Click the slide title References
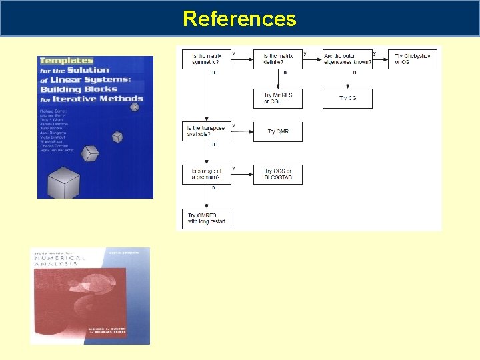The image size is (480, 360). click(239, 18)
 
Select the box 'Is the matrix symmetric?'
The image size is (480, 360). click(207, 59)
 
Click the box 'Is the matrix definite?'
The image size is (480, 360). click(278, 59)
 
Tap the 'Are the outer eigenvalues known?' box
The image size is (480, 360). click(347, 59)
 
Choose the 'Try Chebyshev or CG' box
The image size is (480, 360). click(413, 59)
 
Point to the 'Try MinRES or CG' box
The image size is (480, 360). click(278, 98)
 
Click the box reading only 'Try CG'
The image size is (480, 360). click(347, 98)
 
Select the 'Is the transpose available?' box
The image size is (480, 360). click(207, 131)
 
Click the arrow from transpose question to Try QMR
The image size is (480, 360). click(242, 131)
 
